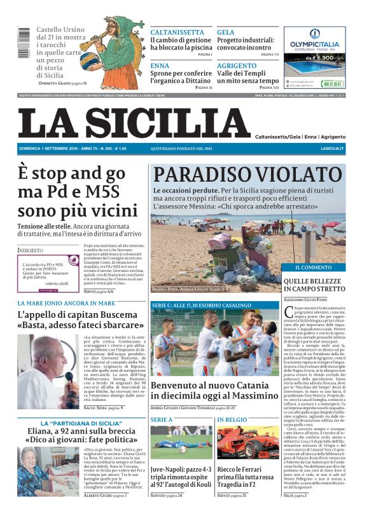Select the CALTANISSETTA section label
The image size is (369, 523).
click(x=177, y=32)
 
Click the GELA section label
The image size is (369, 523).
click(x=225, y=32)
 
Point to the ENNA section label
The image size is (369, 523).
click(x=160, y=65)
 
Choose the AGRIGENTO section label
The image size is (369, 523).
click(x=237, y=65)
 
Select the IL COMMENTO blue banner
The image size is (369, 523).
click(x=312, y=267)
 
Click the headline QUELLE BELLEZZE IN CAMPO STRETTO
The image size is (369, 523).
click(x=313, y=285)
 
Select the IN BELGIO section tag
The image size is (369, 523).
click(x=232, y=420)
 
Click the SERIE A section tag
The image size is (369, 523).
click(x=162, y=420)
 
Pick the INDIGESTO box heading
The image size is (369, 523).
click(x=31, y=250)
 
